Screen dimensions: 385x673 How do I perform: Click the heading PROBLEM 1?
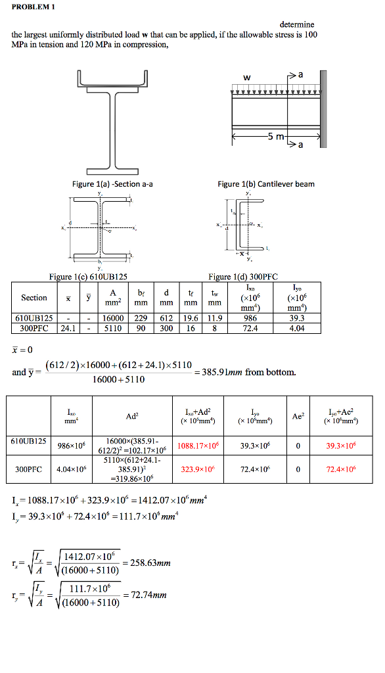(x=34, y=7)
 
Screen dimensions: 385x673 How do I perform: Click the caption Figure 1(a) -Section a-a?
(x=112, y=184)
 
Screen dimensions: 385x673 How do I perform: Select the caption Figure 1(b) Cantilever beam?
(x=265, y=184)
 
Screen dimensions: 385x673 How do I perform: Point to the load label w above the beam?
(x=246, y=78)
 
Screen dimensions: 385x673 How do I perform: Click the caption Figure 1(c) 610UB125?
(x=88, y=277)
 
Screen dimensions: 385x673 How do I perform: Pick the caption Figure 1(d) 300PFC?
(x=238, y=277)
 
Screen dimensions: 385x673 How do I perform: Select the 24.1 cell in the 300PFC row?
(x=68, y=328)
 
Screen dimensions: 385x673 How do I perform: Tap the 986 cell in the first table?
(x=250, y=318)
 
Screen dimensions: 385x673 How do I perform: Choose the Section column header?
(x=34, y=298)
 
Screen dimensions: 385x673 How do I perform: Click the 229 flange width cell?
(x=141, y=318)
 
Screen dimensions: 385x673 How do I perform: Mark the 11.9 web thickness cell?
(x=214, y=318)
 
